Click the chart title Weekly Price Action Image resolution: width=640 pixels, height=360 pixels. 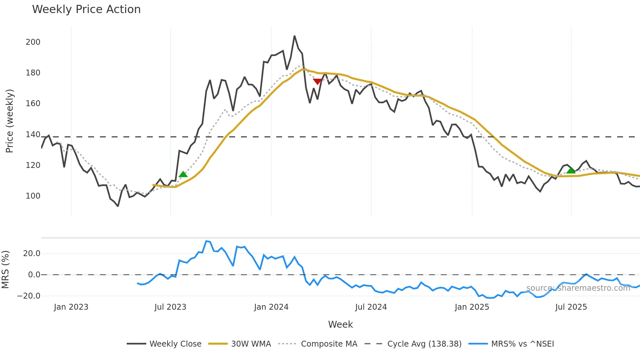click(86, 9)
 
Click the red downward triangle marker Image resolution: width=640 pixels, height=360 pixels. click(317, 81)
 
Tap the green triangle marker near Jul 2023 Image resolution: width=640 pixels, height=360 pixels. click(183, 174)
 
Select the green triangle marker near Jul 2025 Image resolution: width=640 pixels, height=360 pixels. click(571, 171)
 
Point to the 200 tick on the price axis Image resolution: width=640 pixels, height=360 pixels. click(33, 42)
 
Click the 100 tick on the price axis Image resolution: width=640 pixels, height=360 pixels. click(33, 196)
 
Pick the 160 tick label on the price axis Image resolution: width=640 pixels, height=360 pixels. click(33, 104)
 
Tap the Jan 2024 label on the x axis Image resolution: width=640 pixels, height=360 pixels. click(271, 307)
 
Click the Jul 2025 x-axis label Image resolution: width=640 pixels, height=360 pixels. click(571, 307)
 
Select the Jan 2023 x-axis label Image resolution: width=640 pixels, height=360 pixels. click(71, 307)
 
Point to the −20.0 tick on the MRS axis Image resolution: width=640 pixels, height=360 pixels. click(29, 296)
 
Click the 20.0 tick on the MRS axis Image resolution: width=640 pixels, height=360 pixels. click(32, 254)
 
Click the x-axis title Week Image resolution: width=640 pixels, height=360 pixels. click(340, 324)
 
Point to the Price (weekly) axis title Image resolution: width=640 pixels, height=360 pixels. click(9, 121)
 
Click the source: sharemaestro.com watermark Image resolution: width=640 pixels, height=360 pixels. click(578, 288)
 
